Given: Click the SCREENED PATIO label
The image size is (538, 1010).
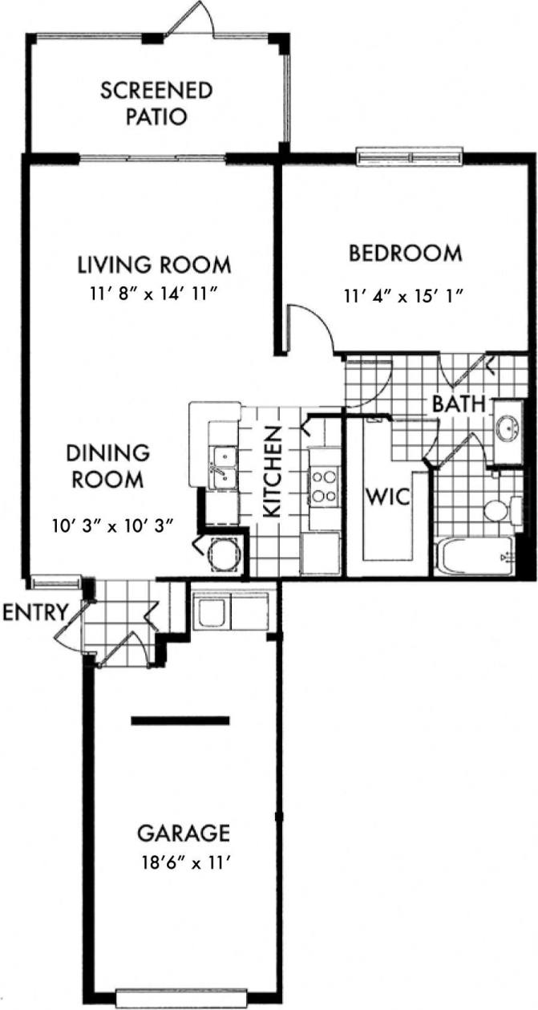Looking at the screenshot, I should [x=156, y=103].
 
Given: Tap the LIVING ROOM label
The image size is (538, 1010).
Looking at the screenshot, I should [x=154, y=264].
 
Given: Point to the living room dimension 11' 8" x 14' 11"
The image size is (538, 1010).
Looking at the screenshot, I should [x=154, y=294].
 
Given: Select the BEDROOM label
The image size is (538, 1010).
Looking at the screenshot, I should [x=405, y=254].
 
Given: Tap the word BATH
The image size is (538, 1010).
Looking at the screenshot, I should [x=459, y=404].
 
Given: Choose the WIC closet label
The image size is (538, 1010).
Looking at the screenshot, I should [x=387, y=496].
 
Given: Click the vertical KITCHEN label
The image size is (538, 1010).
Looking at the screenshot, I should [x=272, y=473].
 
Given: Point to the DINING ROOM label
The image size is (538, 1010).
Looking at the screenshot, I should [x=108, y=466].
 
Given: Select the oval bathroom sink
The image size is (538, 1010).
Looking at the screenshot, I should [x=507, y=428].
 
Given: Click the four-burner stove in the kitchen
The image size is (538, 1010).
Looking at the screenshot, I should [x=324, y=486].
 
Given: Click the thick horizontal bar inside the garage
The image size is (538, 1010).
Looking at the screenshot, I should [x=180, y=720].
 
